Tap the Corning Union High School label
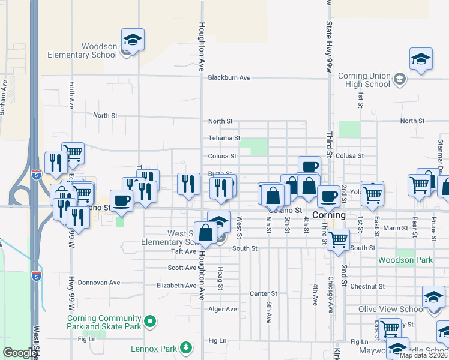click(364, 80)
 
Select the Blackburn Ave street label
click(229, 78)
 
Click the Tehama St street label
click(224, 138)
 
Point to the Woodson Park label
click(405, 260)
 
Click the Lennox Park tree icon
click(187, 347)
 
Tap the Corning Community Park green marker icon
click(150, 322)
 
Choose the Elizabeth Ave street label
click(176, 286)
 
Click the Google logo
click(19, 353)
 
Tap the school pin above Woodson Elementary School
click(133, 41)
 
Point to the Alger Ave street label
click(223, 310)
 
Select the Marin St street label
click(396, 228)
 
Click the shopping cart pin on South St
click(339, 239)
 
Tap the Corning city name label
click(329, 215)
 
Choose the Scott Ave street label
click(182, 268)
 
